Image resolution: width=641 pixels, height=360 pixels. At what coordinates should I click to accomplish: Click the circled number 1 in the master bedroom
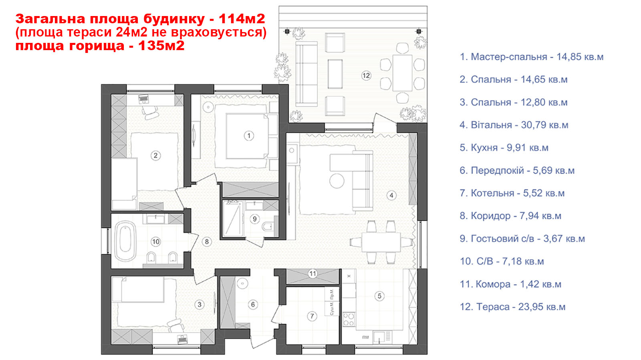click(249, 136)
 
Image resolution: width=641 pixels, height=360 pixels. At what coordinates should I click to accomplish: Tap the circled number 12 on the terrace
click(366, 76)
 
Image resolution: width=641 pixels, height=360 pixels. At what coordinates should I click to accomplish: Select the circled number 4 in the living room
click(391, 195)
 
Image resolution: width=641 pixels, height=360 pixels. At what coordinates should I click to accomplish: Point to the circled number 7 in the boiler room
click(312, 316)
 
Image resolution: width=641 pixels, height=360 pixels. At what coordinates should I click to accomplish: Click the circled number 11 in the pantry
click(312, 274)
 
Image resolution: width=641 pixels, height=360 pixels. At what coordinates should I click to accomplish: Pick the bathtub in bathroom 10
click(125, 241)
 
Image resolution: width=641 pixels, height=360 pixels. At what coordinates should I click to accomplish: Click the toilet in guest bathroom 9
click(268, 227)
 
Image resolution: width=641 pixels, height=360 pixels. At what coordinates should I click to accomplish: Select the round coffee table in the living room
click(337, 181)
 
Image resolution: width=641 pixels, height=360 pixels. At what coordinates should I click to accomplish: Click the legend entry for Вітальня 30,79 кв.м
click(514, 125)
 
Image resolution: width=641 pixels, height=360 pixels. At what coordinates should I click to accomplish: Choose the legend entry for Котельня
click(512, 193)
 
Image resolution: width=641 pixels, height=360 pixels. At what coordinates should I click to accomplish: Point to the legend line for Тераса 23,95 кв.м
click(512, 307)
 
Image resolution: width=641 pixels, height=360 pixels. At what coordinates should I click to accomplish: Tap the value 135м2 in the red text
click(161, 46)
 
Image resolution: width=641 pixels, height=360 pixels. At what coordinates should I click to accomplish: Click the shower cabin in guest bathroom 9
click(233, 219)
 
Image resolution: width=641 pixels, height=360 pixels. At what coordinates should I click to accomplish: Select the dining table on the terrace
click(402, 73)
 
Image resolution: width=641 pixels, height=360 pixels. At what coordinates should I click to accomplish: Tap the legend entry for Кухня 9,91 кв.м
click(504, 148)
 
